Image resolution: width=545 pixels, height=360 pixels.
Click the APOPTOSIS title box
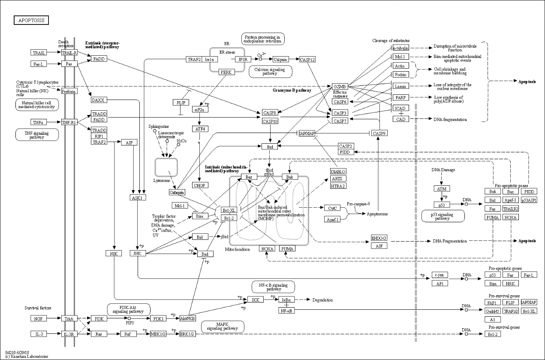point(31,20)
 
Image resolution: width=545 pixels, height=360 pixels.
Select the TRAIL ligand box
point(39,53)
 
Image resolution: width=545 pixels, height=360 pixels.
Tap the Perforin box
point(69,91)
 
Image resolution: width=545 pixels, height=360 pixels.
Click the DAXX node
point(98,100)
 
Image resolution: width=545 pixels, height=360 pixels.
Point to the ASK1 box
point(139,198)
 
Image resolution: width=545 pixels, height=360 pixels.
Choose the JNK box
point(139,254)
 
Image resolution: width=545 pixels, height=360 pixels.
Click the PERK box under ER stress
point(226,72)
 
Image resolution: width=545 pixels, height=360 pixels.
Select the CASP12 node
point(307,60)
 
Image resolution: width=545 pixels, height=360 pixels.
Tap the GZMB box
point(339,87)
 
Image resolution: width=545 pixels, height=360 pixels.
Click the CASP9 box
point(379,133)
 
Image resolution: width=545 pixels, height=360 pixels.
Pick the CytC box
point(331,208)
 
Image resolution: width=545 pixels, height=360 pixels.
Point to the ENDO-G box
point(379,238)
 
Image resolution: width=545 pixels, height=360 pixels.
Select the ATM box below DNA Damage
point(442,188)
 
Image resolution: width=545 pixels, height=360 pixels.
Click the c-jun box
point(440,275)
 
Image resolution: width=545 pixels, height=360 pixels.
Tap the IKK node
point(255,299)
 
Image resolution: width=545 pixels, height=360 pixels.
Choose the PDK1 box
point(158,319)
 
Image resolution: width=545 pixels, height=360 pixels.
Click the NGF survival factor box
point(39,319)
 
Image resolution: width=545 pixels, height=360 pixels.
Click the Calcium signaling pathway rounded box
point(270,72)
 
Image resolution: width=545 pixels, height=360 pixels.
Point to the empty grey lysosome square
point(166,167)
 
